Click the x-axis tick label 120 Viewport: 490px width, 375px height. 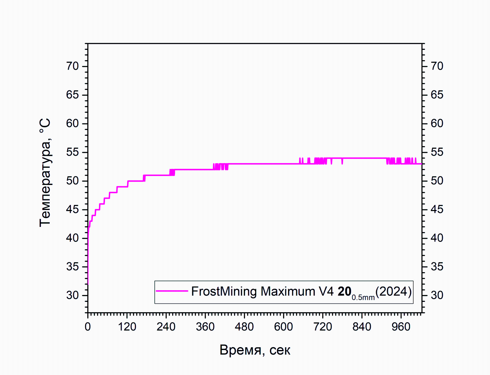[127, 327]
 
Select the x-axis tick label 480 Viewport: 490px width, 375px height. [244, 327]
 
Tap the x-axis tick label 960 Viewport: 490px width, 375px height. [401, 327]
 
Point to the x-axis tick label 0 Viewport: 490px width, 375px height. [88, 327]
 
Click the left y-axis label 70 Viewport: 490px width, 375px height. [72, 66]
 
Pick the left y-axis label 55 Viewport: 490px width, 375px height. [72, 152]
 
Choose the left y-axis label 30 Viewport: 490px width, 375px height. [72, 295]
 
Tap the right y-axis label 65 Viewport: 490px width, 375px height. [437, 95]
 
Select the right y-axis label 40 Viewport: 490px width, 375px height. [437, 238]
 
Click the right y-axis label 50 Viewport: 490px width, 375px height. [437, 181]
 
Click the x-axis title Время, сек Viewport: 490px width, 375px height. [255, 350]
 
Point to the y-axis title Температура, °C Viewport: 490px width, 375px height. [45, 172]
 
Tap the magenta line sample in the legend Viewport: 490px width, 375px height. [172, 291]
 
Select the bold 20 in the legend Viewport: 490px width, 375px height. [344, 291]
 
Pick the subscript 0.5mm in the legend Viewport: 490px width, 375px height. [363, 297]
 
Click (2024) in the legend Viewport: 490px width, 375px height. [393, 291]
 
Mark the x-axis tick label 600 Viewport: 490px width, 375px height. [283, 327]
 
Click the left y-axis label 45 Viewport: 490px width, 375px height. [72, 210]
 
